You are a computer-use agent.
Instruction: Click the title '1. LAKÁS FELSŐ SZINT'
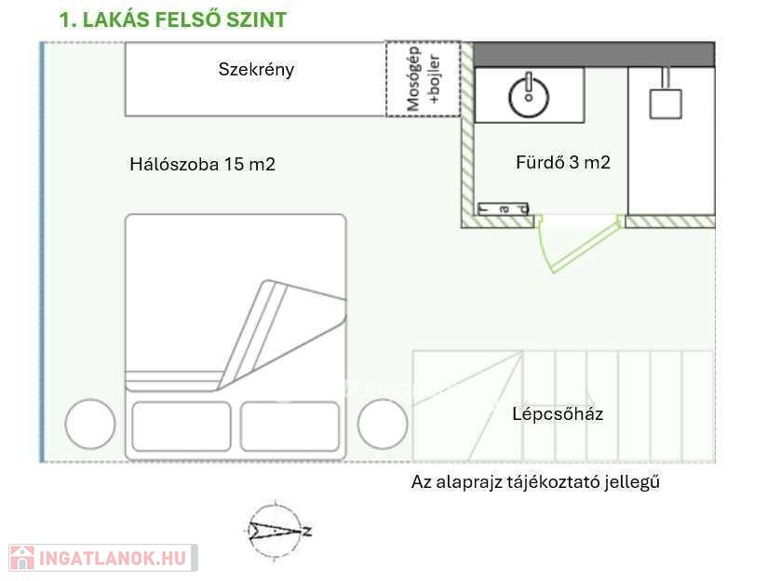(x=173, y=20)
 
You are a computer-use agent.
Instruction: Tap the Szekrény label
(x=256, y=69)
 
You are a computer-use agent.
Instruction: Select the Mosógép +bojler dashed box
(x=424, y=79)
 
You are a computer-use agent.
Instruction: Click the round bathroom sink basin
(x=529, y=95)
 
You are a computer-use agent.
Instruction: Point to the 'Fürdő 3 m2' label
(x=562, y=162)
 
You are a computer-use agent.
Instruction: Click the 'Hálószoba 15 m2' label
(x=202, y=165)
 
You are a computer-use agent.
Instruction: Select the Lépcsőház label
(x=558, y=413)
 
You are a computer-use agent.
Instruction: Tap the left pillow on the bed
(x=181, y=426)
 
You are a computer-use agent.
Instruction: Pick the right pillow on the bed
(x=289, y=426)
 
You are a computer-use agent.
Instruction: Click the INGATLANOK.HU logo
(x=102, y=558)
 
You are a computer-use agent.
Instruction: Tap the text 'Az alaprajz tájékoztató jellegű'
(x=535, y=482)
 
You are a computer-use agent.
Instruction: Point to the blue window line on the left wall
(x=42, y=251)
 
